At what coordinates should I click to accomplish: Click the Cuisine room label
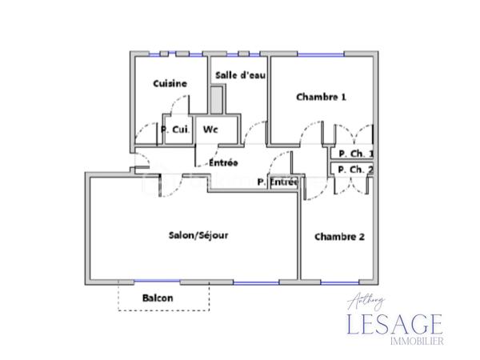click(170, 83)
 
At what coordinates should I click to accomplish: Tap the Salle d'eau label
click(240, 75)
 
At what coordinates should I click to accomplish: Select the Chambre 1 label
click(321, 98)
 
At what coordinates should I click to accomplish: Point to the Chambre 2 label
click(339, 236)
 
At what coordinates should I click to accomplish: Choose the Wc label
click(210, 129)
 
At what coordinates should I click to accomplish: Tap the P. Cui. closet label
click(176, 130)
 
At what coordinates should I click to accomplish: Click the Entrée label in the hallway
click(222, 163)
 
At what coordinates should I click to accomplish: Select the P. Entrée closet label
click(278, 182)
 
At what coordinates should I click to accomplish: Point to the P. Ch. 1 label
click(355, 154)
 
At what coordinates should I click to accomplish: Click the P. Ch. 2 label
click(355, 170)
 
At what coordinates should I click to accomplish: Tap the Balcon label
click(158, 298)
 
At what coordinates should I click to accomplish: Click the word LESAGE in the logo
click(394, 325)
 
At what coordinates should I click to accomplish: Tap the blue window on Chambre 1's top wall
click(321, 54)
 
